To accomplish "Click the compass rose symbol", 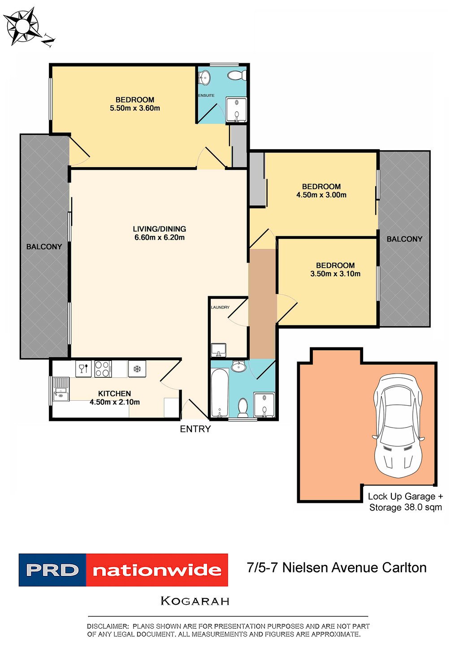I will tap(22, 26).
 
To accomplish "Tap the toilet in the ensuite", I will tap(236, 75).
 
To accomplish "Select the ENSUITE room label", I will tap(206, 95).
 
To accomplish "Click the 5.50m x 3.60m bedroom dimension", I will tap(135, 108).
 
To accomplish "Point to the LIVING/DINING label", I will tap(159, 229).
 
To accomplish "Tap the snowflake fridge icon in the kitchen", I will tap(137, 369).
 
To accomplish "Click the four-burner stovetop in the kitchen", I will tap(103, 369).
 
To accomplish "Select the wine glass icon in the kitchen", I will tap(83, 369).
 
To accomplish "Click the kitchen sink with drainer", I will tap(60, 389).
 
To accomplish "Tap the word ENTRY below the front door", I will tap(195, 429).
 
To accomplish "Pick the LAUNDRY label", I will tap(220, 307).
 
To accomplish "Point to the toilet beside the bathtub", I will tap(242, 407).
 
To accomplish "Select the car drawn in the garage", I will tap(398, 426).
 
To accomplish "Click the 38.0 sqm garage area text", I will tap(405, 507).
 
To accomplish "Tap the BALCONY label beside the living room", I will tap(44, 247).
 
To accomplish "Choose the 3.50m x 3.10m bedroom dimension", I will tap(335, 274).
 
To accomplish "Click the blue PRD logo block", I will tap(52, 570).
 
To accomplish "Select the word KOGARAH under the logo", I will tap(195, 601).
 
